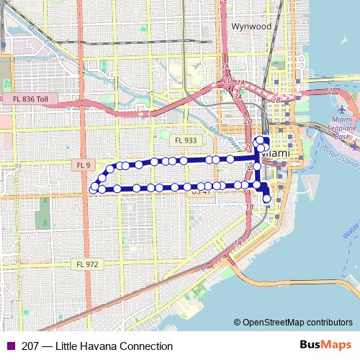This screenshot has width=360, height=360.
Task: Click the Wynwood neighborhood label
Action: (x=251, y=27)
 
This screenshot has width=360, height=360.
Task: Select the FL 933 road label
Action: (x=186, y=140)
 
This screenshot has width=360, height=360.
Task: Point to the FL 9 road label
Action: (x=84, y=166)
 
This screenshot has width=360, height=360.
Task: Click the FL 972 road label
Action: (x=86, y=264)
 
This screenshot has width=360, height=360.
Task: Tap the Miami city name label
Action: (x=276, y=154)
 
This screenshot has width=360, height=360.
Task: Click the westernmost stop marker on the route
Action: (x=93, y=189)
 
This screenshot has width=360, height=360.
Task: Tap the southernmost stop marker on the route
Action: (x=268, y=199)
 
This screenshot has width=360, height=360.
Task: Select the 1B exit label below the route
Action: (x=250, y=207)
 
